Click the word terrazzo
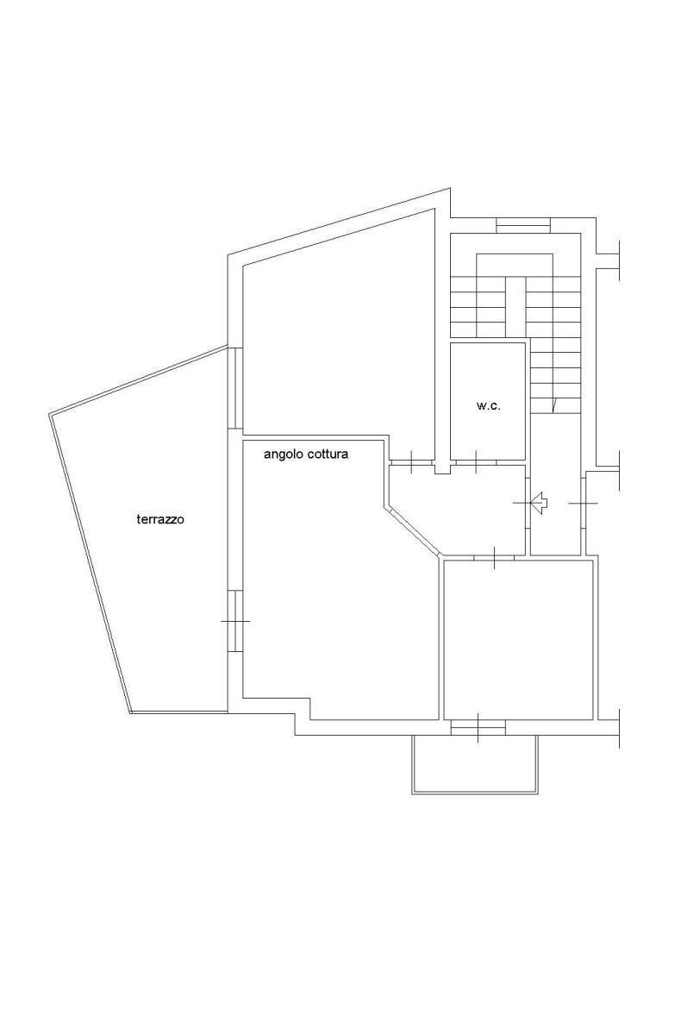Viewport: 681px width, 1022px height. (x=160, y=519)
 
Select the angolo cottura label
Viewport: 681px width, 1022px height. (x=306, y=455)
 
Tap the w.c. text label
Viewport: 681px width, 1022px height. (x=487, y=405)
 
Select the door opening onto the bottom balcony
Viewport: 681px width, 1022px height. (x=478, y=727)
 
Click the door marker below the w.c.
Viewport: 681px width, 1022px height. (x=477, y=461)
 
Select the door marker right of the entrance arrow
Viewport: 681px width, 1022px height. (x=583, y=504)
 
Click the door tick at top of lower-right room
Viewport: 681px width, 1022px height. (x=495, y=557)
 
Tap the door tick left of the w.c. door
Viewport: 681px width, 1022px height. (x=413, y=461)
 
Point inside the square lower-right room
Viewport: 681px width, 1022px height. (x=518, y=637)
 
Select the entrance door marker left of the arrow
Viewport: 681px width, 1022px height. (x=525, y=503)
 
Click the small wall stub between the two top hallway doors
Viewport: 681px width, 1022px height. (x=443, y=467)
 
